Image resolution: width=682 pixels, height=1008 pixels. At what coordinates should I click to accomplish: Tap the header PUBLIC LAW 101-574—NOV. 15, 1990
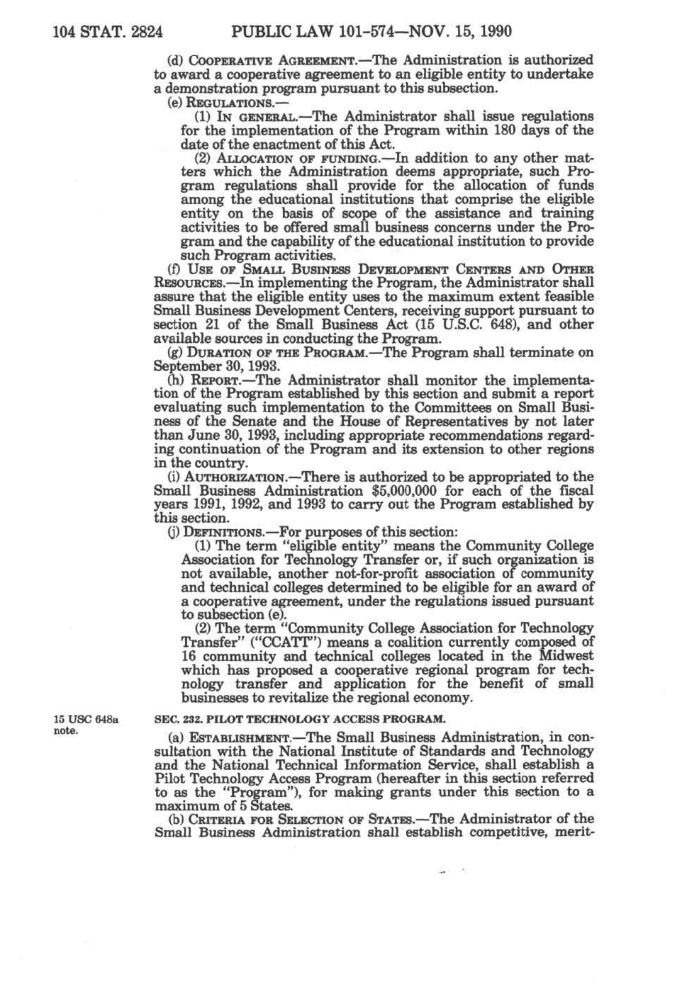pos(371,32)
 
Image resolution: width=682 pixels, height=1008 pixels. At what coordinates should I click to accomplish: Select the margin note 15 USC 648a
pos(86,720)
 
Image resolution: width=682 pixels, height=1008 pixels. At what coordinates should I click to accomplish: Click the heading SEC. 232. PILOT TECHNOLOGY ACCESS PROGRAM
pos(300,719)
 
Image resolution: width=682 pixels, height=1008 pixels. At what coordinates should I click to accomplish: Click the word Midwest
pos(566,656)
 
